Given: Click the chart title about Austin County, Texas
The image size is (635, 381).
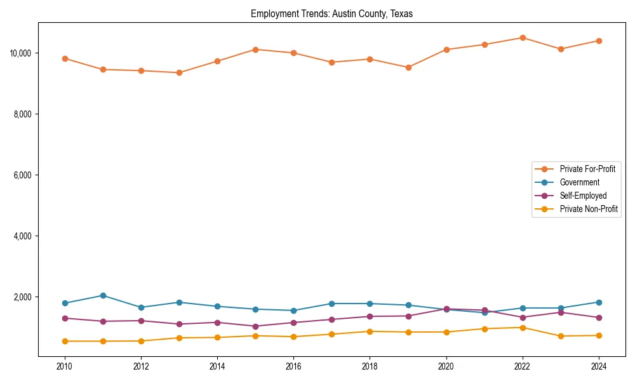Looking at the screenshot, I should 331,14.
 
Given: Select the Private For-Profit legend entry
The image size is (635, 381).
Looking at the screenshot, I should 587,169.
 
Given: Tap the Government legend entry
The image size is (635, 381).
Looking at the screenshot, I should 579,182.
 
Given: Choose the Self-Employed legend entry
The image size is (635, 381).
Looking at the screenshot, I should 583,196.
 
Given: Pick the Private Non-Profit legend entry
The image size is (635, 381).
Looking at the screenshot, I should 589,209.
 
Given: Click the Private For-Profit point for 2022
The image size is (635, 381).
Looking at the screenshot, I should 523,37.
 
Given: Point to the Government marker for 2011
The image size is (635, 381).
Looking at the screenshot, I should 103,295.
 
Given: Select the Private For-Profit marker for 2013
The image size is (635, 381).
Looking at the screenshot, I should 179,72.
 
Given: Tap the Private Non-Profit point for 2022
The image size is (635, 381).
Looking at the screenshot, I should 523,328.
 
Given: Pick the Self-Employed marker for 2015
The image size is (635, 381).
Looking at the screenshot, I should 255,326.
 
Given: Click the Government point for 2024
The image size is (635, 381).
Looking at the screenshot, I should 599,302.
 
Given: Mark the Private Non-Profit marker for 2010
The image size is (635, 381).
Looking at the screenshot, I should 65,341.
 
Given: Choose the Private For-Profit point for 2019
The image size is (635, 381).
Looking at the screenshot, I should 408,67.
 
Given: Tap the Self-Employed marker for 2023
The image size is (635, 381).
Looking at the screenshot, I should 561,312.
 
